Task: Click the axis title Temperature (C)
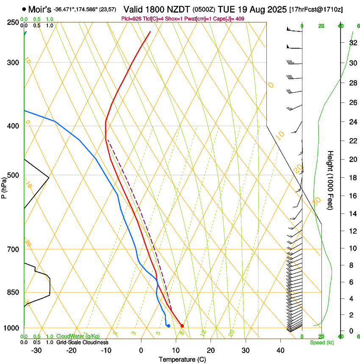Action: pyautogui.click(x=182, y=359)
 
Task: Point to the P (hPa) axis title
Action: pyautogui.click(x=4, y=186)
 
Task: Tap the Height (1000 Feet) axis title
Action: pyautogui.click(x=330, y=180)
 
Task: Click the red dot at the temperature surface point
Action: pyautogui.click(x=182, y=325)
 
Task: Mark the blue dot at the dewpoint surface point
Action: pyautogui.click(x=169, y=325)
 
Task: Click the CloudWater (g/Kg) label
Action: pyautogui.click(x=75, y=336)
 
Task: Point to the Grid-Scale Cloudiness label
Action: pyautogui.click(x=82, y=342)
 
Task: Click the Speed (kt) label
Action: pyautogui.click(x=321, y=342)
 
